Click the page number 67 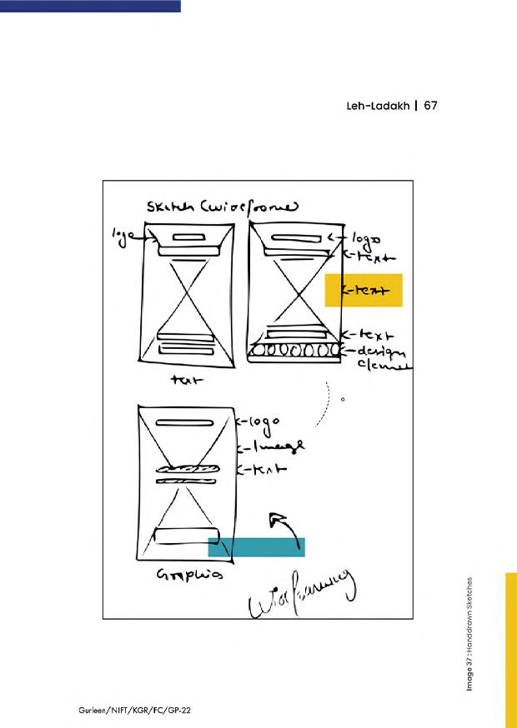coord(430,107)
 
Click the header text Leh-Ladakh coord(379,107)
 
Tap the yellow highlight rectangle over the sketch coord(364,290)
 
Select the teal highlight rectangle coord(256,546)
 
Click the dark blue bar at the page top coord(90,5)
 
